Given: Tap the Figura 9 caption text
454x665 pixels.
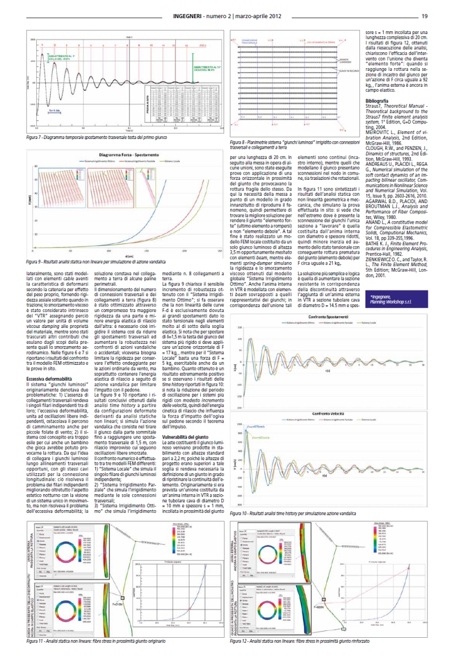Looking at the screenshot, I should [x=106, y=262].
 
